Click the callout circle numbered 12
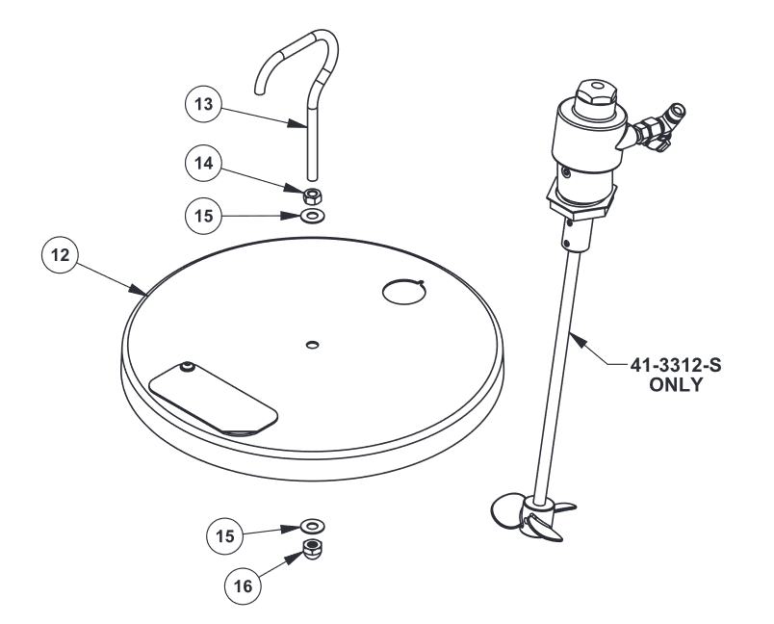[61, 255]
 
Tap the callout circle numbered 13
[203, 104]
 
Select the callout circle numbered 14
[203, 163]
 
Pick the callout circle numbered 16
[243, 586]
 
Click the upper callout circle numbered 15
[203, 216]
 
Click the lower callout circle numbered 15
[225, 535]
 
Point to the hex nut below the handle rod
[312, 196]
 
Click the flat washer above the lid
[312, 216]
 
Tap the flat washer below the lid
[313, 526]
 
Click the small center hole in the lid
[313, 344]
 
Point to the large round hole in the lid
[404, 292]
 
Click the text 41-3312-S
[675, 365]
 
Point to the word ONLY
[675, 384]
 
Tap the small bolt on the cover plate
[187, 367]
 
